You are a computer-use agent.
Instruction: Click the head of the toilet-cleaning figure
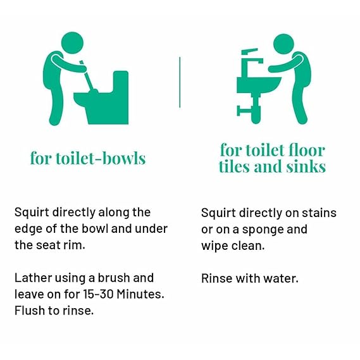(72, 43)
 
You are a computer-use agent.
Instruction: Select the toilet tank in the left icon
(121, 82)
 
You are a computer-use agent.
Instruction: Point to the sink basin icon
(259, 85)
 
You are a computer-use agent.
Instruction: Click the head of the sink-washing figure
(284, 44)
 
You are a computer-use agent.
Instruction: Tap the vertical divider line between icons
(180, 82)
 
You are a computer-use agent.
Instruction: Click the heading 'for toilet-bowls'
(88, 158)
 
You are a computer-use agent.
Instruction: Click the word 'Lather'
(33, 278)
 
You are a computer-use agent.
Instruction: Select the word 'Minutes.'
(140, 294)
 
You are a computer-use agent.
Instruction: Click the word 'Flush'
(30, 311)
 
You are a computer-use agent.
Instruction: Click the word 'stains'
(319, 213)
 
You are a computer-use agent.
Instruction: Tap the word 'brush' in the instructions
(114, 278)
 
